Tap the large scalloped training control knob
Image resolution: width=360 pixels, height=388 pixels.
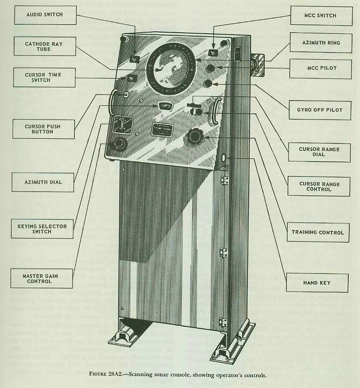click(x=194, y=138)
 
